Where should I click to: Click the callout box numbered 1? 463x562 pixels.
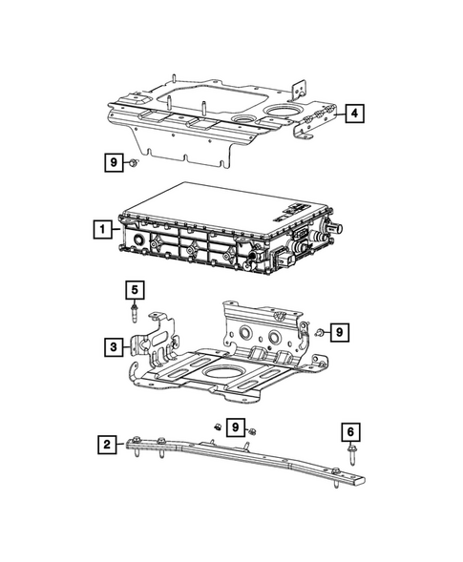click(99, 229)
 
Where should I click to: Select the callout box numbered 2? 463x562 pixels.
click(108, 444)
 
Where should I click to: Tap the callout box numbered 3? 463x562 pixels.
click(114, 347)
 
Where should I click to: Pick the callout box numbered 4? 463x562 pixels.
click(354, 114)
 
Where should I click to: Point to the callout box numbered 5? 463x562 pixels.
click(135, 287)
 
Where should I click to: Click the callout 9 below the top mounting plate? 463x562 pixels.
click(114, 163)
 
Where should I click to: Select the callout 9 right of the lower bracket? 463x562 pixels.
click(342, 331)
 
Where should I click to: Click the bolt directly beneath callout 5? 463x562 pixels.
click(136, 311)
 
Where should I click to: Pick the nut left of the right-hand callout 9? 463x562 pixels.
click(322, 332)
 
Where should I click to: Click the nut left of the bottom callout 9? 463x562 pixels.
click(218, 427)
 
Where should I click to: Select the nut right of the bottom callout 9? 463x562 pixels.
click(252, 432)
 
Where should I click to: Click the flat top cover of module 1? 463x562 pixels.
click(215, 204)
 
